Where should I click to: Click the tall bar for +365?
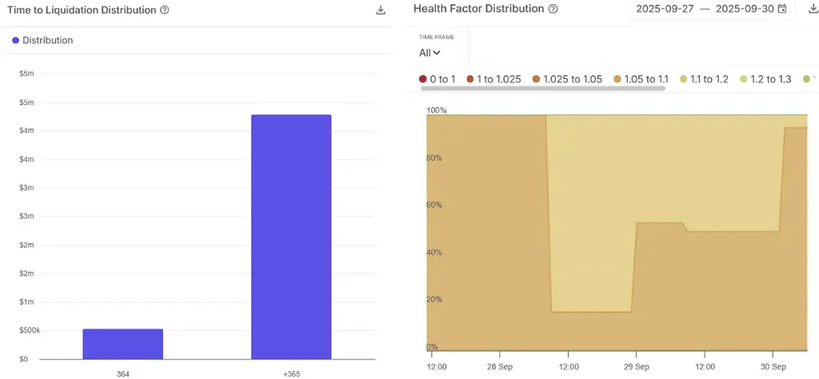coord(291,237)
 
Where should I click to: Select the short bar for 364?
coord(122,344)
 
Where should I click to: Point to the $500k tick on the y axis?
coord(29,330)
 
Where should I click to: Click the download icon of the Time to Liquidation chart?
coord(381,10)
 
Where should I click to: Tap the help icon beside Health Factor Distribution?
coord(553,9)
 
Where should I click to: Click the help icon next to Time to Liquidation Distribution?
coord(164,10)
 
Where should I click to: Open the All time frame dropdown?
coord(429,53)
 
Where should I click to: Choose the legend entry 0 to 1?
coord(437,79)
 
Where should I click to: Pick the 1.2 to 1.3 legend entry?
coord(765,79)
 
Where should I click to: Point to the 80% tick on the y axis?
coord(435,158)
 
